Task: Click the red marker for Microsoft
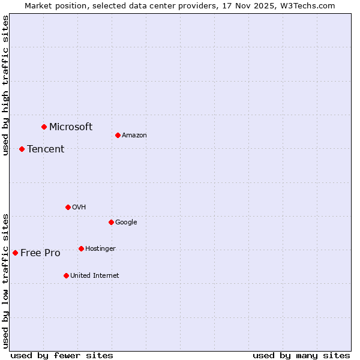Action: tap(44, 127)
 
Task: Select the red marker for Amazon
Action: tap(118, 135)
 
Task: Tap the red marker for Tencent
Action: tap(22, 149)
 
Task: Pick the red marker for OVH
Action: tap(68, 207)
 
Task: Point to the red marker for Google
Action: tap(111, 222)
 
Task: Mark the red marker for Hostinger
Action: tap(81, 248)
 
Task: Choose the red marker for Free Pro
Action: tap(15, 253)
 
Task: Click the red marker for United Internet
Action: tap(66, 275)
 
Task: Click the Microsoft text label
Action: tap(71, 127)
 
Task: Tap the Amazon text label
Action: tap(134, 135)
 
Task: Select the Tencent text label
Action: tap(46, 149)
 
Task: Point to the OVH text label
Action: tap(79, 207)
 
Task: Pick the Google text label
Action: tap(126, 222)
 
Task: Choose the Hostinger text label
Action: tap(100, 248)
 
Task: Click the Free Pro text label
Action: tap(40, 253)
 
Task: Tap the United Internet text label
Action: tap(95, 275)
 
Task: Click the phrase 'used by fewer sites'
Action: tap(62, 355)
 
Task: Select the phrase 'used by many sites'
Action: tap(301, 355)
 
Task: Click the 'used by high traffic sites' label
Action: tap(5, 85)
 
